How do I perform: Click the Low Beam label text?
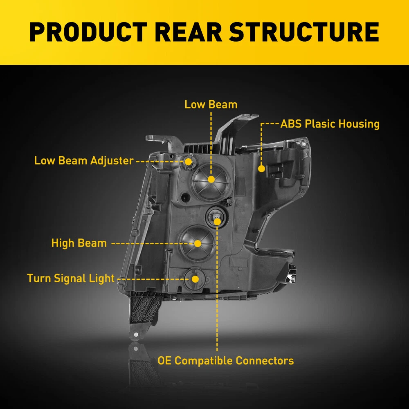[x=211, y=104]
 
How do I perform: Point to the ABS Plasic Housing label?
[x=330, y=124]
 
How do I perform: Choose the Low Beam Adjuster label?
[x=84, y=160]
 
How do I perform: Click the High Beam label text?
[x=79, y=243]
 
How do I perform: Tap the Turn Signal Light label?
[x=71, y=279]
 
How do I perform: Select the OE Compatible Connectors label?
[x=225, y=361]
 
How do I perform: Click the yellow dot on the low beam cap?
[x=211, y=179]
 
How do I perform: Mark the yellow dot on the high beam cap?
[x=198, y=243]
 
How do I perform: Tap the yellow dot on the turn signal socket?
[x=196, y=279]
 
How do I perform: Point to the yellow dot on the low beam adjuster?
[x=189, y=161]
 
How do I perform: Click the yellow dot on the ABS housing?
[x=261, y=168]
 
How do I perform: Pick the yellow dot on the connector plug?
[x=217, y=222]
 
